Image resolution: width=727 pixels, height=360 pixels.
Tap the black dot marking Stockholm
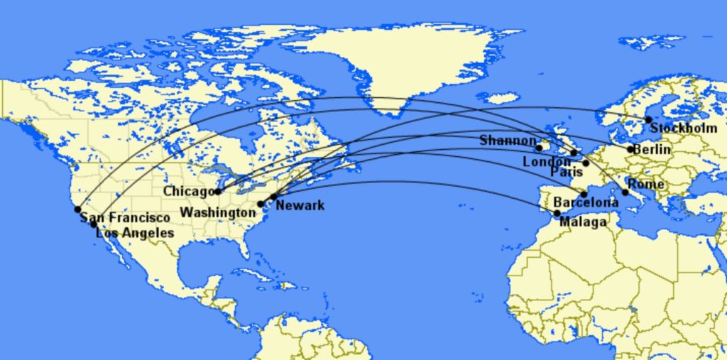click(x=648, y=120)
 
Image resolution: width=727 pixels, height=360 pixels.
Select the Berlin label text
click(x=652, y=150)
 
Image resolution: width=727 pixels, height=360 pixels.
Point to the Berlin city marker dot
click(x=630, y=149)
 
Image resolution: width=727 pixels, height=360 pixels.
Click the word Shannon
click(x=508, y=141)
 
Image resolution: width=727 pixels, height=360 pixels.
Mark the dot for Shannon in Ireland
click(x=539, y=148)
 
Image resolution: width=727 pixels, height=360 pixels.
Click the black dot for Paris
click(x=586, y=163)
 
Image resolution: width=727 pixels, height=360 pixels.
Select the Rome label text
click(x=646, y=185)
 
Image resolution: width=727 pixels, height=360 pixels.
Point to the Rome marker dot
click(x=625, y=192)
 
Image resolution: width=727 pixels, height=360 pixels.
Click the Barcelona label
click(x=586, y=203)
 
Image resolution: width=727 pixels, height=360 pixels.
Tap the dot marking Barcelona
click(x=584, y=194)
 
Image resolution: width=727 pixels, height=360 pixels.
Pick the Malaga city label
click(x=583, y=222)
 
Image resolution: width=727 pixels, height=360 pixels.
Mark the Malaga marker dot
click(x=557, y=213)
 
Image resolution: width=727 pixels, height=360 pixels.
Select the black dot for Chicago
click(x=218, y=191)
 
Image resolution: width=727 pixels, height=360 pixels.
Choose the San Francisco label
click(x=125, y=218)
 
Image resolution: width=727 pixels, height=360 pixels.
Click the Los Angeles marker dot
click(x=93, y=224)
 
